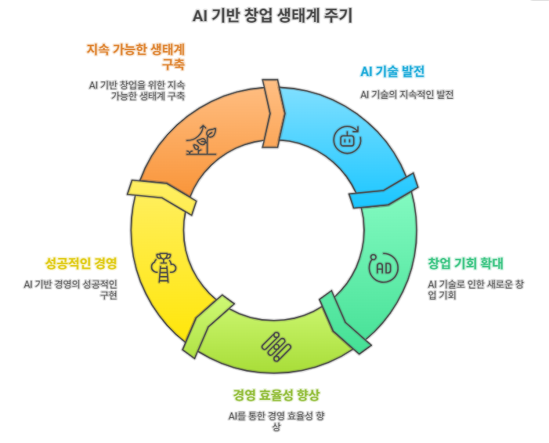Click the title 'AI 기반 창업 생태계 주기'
(273, 16)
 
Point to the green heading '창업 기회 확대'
(465, 263)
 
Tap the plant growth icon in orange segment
(200, 140)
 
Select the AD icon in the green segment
(384, 267)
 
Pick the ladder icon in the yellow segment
(164, 267)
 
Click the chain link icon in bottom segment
(277, 345)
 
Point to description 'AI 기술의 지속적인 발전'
(406, 94)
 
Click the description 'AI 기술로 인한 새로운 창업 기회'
(475, 289)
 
